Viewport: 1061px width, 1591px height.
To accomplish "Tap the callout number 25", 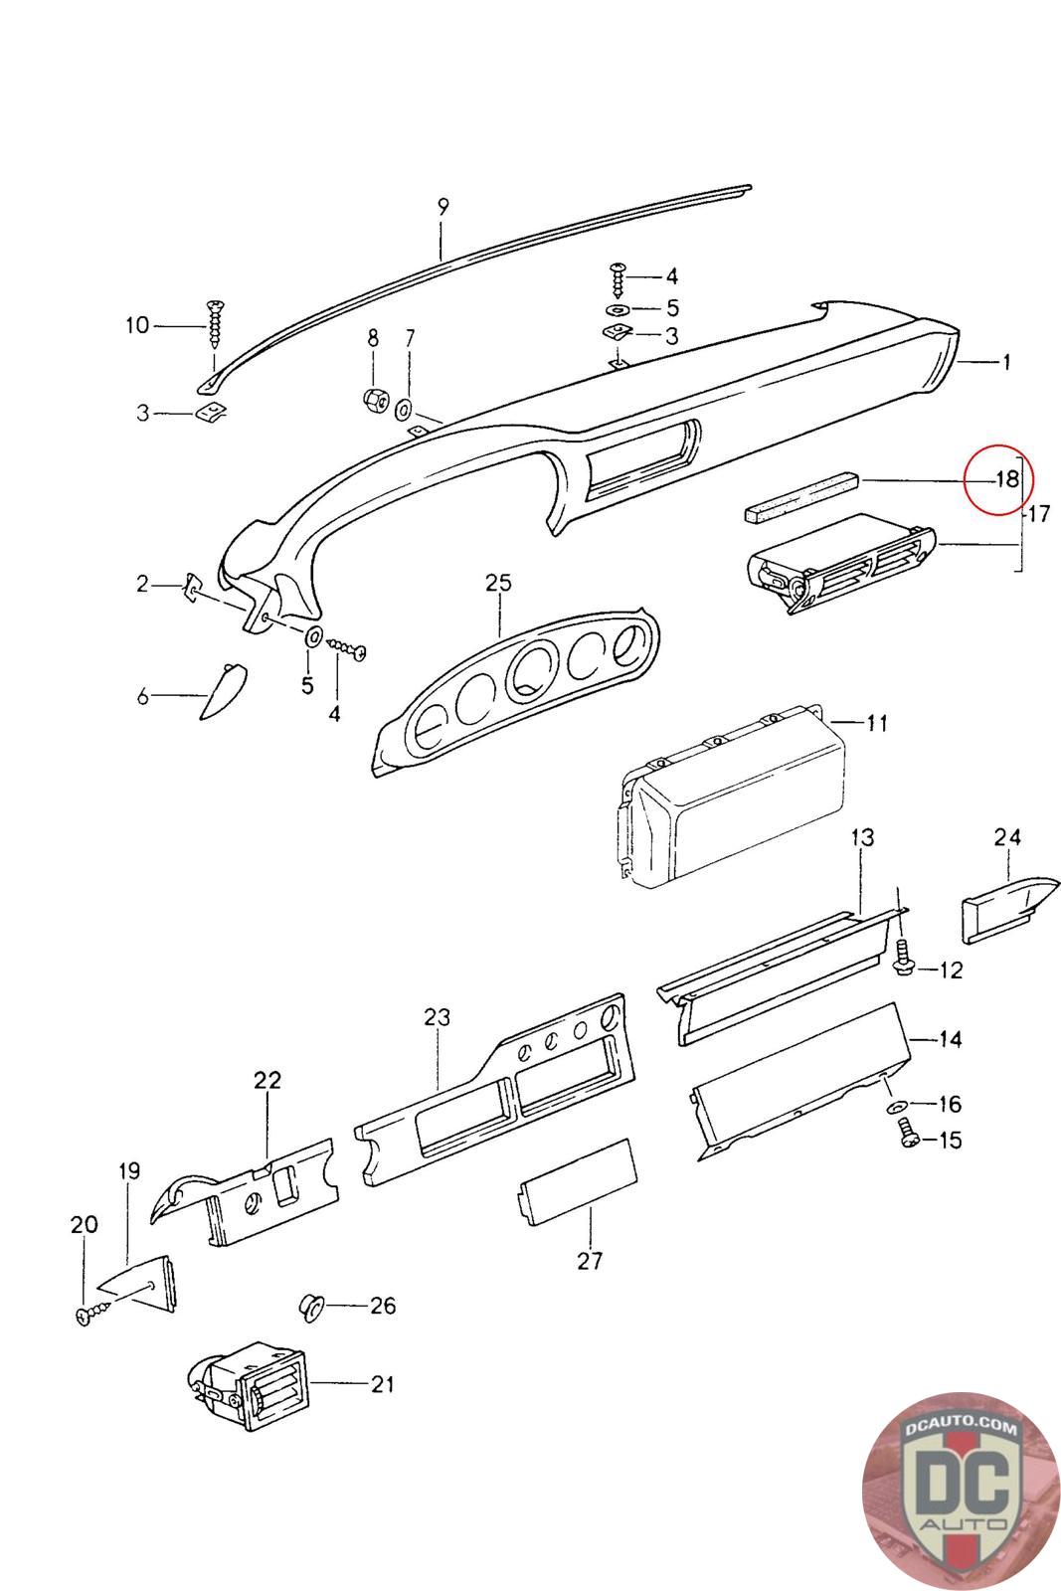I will pyautogui.click(x=498, y=583).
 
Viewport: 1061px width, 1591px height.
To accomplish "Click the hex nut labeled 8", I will pyautogui.click(x=375, y=400).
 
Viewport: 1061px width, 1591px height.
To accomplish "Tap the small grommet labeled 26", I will pyautogui.click(x=313, y=1307).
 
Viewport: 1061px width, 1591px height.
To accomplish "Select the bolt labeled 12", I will pyautogui.click(x=905, y=959).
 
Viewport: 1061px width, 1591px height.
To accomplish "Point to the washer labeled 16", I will pyautogui.click(x=894, y=1107).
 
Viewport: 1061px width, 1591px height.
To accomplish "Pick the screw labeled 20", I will pyautogui.click(x=90, y=1314).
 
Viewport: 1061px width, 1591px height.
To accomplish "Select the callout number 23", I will pyautogui.click(x=437, y=1017).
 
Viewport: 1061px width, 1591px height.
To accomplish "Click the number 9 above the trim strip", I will pyautogui.click(x=443, y=207).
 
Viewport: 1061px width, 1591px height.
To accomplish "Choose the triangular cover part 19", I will pyautogui.click(x=139, y=1281).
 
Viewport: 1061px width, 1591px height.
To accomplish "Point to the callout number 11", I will pyautogui.click(x=876, y=723).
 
